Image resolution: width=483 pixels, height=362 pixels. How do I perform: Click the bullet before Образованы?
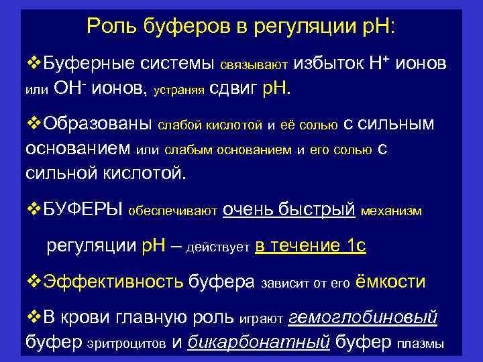click(33, 124)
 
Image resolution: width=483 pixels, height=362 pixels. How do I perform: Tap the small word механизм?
click(391, 212)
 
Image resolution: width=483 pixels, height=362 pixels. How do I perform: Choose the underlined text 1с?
click(353, 246)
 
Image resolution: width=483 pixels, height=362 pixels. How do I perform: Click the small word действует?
click(217, 248)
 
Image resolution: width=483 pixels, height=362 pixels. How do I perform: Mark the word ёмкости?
click(390, 281)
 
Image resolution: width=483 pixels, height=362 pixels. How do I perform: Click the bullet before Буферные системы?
click(33, 64)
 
